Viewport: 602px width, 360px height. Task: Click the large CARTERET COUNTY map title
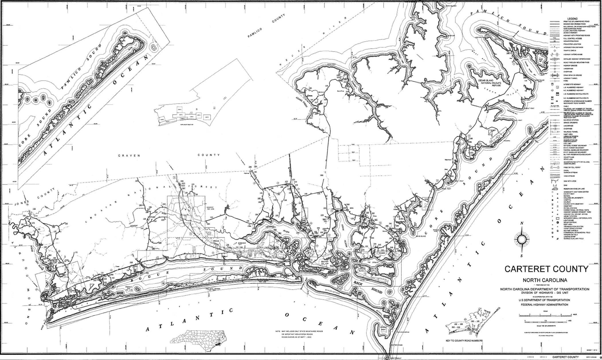(x=546, y=269)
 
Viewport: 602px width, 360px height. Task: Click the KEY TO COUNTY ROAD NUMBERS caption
(x=464, y=341)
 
